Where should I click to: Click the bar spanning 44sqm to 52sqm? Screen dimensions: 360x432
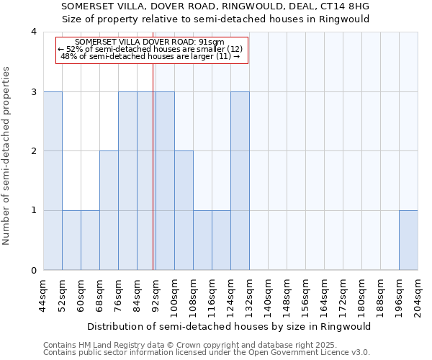pyautogui.click(x=53, y=181)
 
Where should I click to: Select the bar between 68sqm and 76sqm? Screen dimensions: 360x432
pyautogui.click(x=109, y=210)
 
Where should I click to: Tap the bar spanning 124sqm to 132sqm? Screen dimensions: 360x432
pyautogui.click(x=240, y=181)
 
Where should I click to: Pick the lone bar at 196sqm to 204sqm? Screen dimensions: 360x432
pyautogui.click(x=408, y=240)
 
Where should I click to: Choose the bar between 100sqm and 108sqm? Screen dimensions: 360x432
pyautogui.click(x=184, y=210)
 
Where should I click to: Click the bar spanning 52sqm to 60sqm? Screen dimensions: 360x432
pyautogui.click(x=71, y=240)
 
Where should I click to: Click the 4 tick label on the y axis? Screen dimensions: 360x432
pyautogui.click(x=34, y=32)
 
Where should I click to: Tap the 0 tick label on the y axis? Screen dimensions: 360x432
pyautogui.click(x=34, y=270)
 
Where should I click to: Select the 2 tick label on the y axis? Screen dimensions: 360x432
pyautogui.click(x=34, y=151)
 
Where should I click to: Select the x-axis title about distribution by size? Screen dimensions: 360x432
pyautogui.click(x=230, y=326)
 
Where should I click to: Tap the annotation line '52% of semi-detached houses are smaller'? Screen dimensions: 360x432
pyautogui.click(x=151, y=49)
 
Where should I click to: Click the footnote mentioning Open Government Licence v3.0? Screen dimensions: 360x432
pyautogui.click(x=207, y=353)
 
